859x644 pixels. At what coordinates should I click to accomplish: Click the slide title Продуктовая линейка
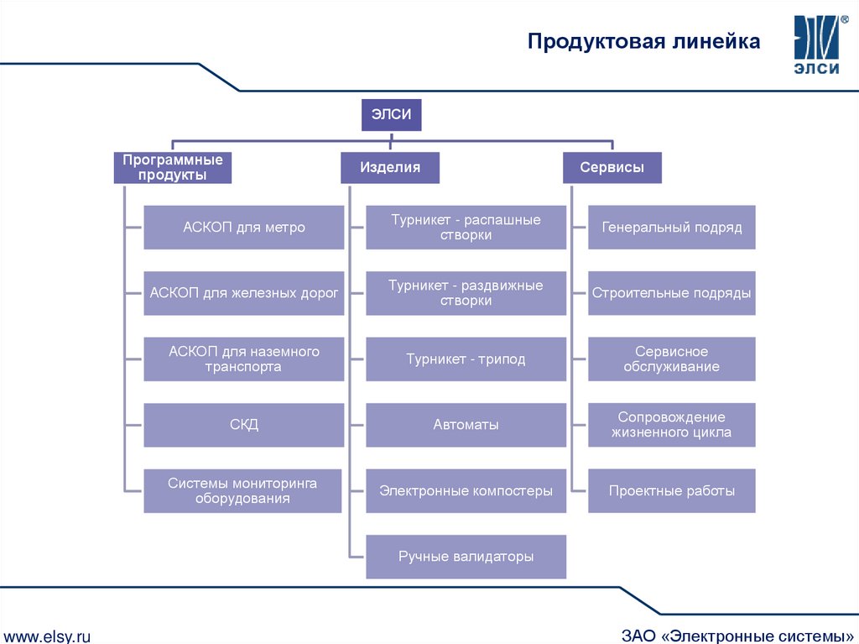[x=643, y=42]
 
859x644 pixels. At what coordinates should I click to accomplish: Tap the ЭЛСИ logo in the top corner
[x=816, y=45]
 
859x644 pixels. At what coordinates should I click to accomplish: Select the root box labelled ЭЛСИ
[x=391, y=115]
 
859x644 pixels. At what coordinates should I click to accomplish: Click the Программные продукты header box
[x=173, y=167]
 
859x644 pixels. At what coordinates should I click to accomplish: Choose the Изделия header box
[x=390, y=167]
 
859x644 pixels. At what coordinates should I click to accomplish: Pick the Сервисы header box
[x=612, y=167]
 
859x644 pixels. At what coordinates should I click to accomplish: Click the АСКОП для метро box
[x=244, y=228]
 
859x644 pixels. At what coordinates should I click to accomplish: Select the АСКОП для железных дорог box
[x=244, y=293]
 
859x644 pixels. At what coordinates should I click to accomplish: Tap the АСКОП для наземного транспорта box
[x=244, y=359]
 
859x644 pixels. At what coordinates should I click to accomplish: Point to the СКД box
[x=244, y=425]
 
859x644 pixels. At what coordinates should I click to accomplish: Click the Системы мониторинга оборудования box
[x=242, y=490]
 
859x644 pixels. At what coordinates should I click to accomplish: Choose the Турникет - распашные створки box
[x=466, y=228]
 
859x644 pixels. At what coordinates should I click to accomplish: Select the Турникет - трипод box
[x=466, y=359]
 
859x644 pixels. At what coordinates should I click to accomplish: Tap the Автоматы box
[x=466, y=425]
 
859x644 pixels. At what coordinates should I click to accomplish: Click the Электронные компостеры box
[x=466, y=490]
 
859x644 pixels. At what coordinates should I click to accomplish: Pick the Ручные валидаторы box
[x=466, y=557]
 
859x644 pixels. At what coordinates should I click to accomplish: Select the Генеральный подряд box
[x=671, y=228]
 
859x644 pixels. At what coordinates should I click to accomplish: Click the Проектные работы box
[x=671, y=490]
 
